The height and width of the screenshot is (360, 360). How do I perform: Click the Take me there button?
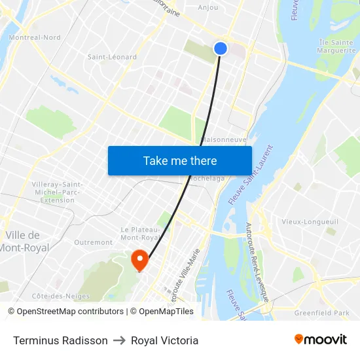point(180,160)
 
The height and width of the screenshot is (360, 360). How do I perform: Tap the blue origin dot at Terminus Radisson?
point(221,48)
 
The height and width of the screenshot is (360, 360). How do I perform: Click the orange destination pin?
point(139,261)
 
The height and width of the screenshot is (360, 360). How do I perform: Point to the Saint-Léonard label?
point(113,57)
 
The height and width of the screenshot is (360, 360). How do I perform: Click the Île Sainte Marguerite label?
point(336,46)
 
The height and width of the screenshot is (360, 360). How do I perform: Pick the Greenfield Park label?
point(322,313)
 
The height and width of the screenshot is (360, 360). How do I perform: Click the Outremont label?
point(93,242)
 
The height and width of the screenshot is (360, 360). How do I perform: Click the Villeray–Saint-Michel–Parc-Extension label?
point(58,192)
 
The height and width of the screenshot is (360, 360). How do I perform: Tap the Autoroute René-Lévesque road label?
point(257,261)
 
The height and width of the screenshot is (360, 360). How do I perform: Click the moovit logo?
point(320,340)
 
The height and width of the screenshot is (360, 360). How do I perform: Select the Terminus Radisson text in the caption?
point(60,340)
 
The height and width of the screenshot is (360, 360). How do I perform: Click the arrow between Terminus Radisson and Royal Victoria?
point(119,340)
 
